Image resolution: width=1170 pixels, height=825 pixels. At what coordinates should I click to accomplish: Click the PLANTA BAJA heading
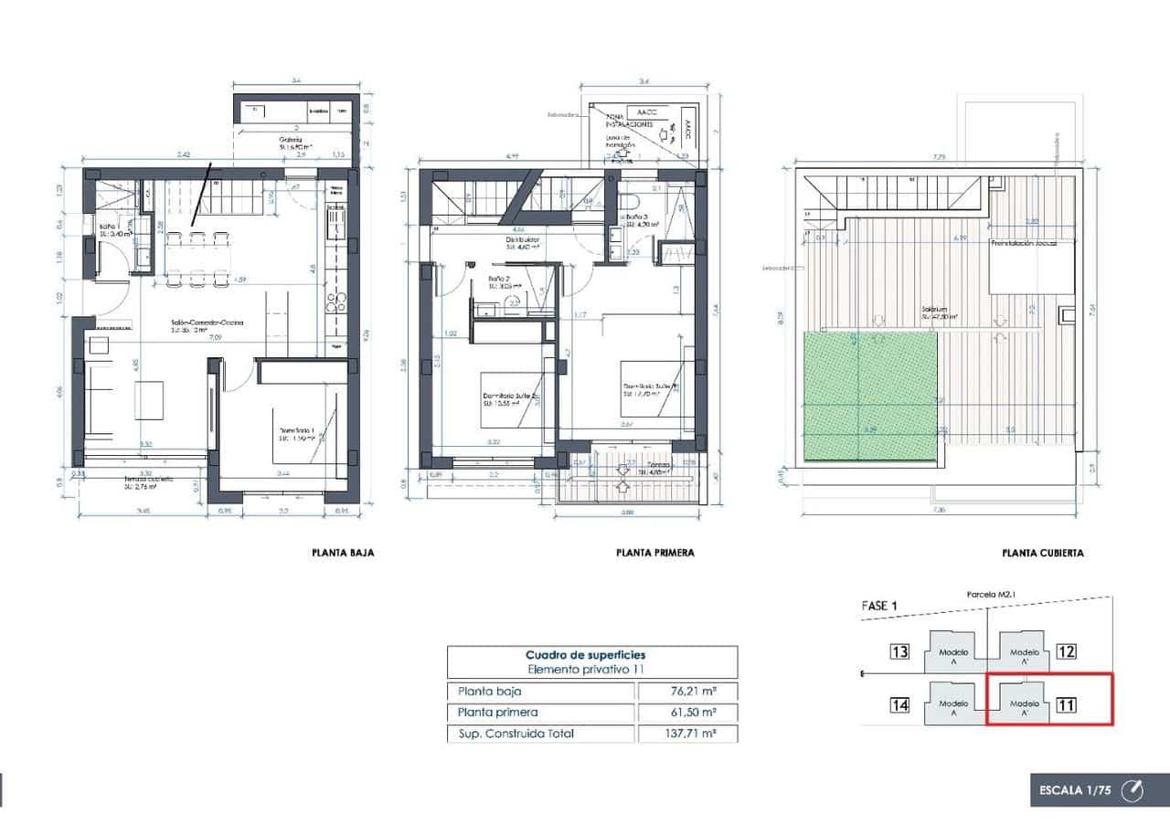tap(343, 553)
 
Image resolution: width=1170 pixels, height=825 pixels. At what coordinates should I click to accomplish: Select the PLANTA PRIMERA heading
tap(655, 553)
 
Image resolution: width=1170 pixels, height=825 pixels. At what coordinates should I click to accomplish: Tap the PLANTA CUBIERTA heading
tap(1043, 553)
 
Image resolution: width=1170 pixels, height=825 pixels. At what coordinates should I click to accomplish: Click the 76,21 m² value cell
tap(686, 692)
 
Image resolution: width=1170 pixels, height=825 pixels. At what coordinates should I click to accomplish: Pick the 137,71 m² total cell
tap(686, 733)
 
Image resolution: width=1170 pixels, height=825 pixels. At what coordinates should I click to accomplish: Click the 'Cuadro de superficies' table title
tap(591, 655)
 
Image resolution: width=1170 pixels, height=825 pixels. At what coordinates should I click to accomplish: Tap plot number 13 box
tap(899, 651)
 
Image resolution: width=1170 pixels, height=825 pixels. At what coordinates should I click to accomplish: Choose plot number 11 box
tap(1066, 704)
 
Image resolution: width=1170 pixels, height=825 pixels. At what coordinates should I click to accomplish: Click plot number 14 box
tap(899, 704)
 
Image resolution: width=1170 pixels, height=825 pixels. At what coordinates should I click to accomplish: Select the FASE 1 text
tap(880, 606)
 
